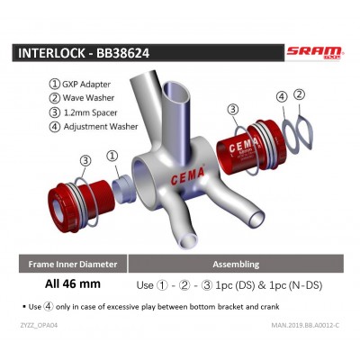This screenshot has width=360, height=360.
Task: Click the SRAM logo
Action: (314, 52)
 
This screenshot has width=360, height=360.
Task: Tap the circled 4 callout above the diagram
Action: (281, 96)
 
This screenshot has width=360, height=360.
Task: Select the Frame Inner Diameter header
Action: (73, 265)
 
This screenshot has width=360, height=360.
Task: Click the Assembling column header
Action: (236, 265)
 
